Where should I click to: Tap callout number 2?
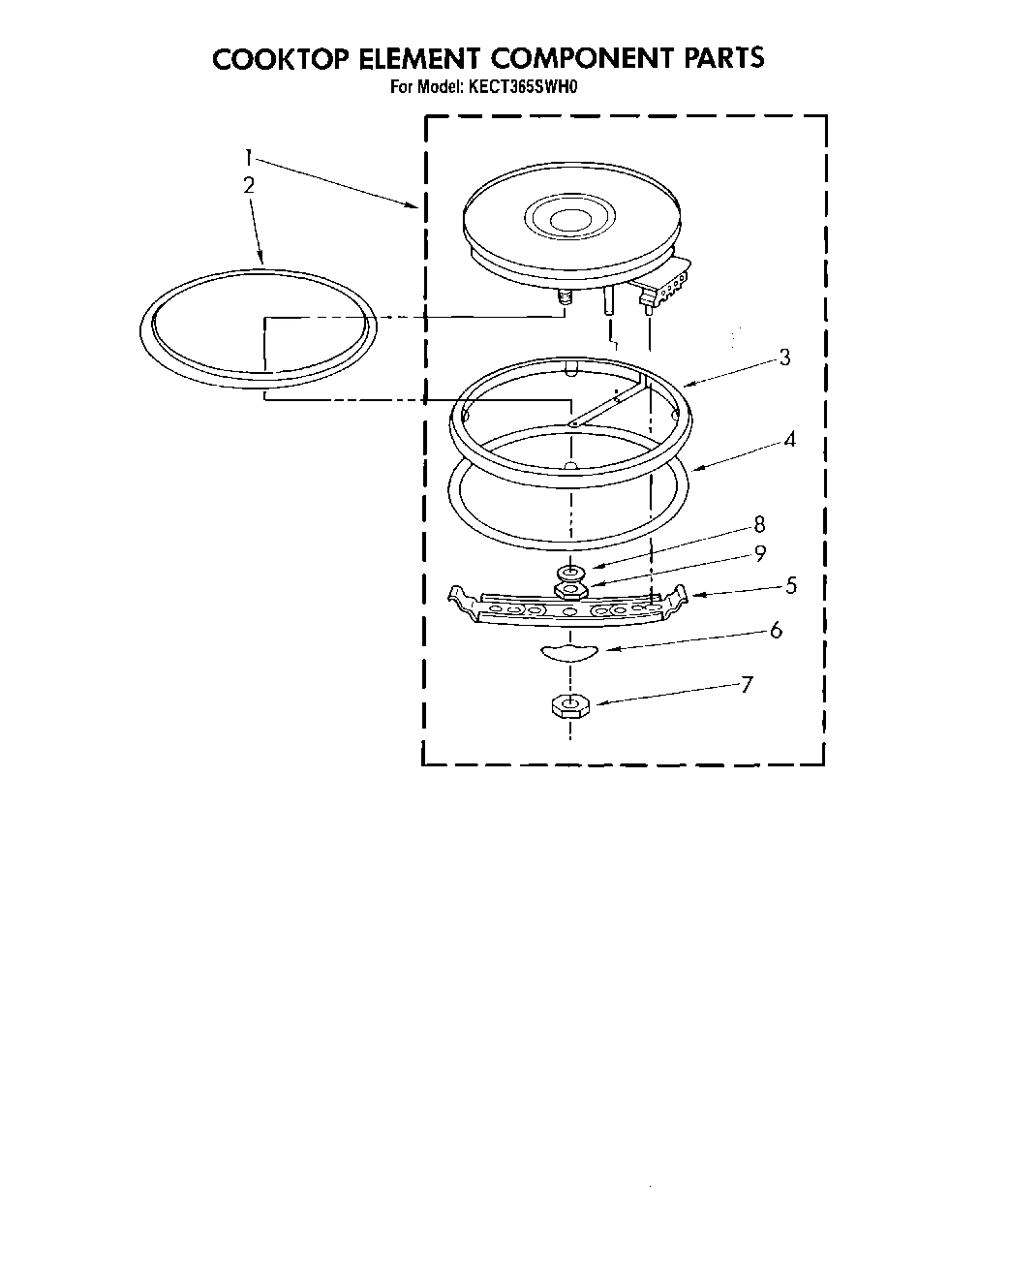249,185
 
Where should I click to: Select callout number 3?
784,358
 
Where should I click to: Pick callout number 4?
790,440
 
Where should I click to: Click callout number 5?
791,585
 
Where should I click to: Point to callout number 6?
776,631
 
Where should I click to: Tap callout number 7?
746,685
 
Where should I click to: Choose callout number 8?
759,524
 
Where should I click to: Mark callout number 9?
760,553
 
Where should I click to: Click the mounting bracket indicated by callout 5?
567,608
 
